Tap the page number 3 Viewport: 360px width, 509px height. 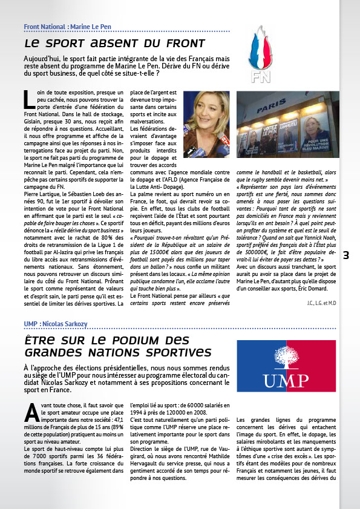tap(346, 255)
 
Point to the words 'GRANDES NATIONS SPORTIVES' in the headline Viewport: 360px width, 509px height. tap(118, 352)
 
